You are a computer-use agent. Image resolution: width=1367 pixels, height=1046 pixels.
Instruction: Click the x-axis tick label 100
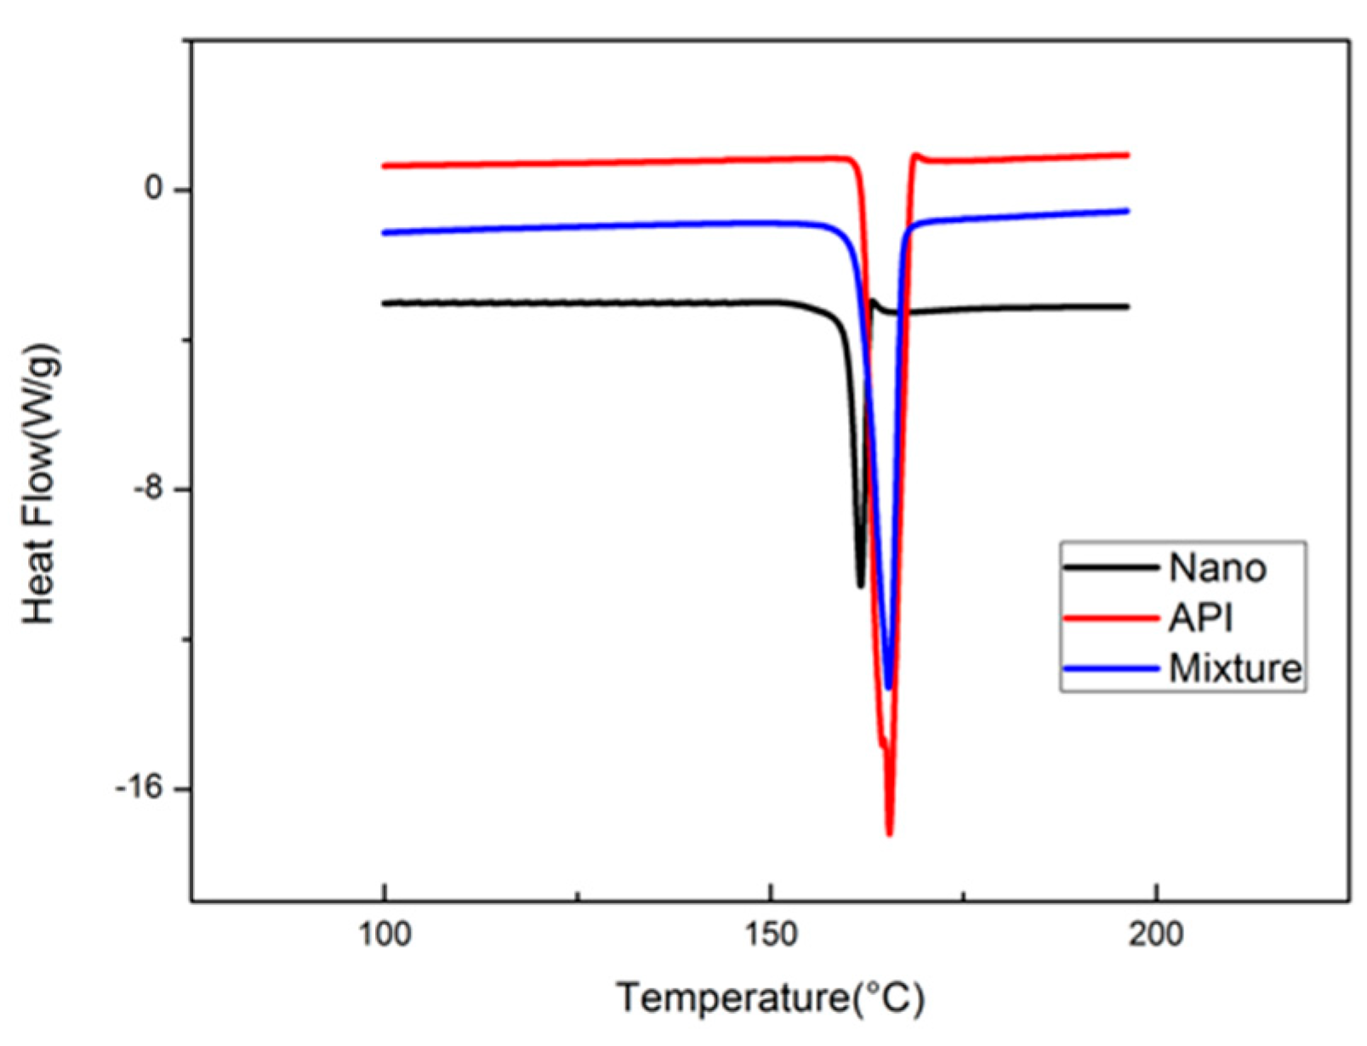pos(384,934)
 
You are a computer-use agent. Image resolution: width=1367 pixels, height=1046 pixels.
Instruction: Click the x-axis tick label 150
pos(771,934)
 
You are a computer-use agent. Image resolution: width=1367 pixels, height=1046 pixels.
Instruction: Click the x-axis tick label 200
pos(1156,934)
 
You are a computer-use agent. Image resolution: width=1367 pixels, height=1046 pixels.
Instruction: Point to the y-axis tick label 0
pos(154,188)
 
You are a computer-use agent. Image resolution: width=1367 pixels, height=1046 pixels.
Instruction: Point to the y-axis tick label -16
pos(140,788)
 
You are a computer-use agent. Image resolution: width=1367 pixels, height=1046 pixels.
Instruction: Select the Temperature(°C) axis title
pos(770,998)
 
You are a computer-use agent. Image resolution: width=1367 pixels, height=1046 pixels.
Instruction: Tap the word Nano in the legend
pos(1217,568)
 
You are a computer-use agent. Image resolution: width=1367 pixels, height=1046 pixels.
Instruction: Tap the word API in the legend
pos(1200,618)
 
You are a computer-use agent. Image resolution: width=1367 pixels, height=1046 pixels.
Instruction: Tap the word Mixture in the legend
pos(1235,668)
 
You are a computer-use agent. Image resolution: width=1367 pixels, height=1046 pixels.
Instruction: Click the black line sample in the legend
pos(1110,568)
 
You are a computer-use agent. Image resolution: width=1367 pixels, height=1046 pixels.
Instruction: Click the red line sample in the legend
pos(1110,618)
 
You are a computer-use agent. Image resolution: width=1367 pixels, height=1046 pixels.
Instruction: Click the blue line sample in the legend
pos(1110,668)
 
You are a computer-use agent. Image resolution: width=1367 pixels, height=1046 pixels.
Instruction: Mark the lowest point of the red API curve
pos(890,834)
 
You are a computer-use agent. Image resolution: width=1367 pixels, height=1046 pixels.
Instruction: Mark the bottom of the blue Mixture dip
pos(888,687)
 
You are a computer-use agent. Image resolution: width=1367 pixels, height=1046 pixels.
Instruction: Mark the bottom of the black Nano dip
pos(860,585)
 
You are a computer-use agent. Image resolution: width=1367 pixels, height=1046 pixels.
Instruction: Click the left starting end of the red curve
pos(384,166)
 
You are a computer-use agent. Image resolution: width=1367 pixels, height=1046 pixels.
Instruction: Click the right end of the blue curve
pos(1127,211)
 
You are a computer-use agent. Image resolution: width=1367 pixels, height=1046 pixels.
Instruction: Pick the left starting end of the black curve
pos(384,303)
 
